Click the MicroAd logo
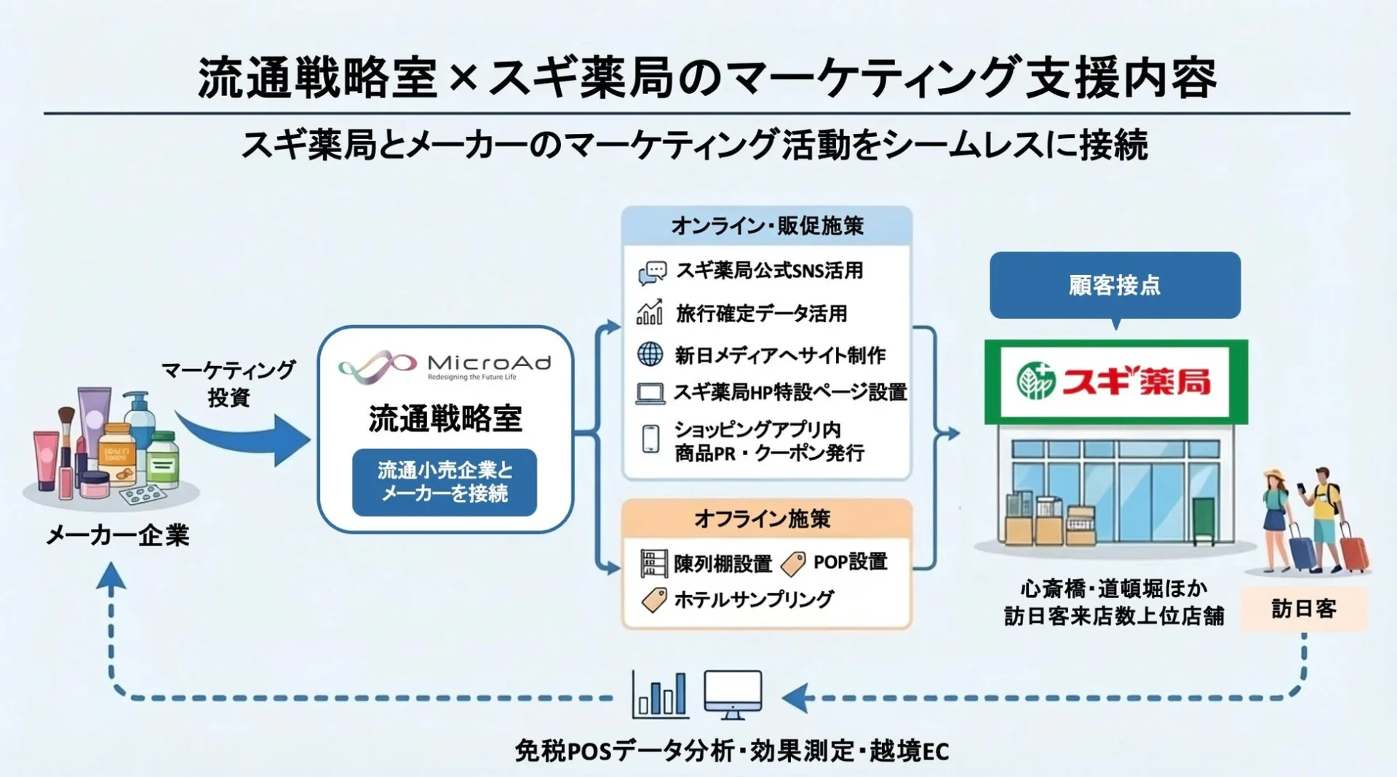pos(445,366)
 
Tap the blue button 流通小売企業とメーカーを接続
pos(445,482)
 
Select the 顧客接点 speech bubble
pos(1115,285)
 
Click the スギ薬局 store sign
pos(1115,381)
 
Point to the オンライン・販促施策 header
pos(767,226)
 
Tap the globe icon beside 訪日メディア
pos(650,354)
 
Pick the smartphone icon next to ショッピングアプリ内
pos(650,439)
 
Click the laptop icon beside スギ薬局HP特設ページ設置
pos(650,394)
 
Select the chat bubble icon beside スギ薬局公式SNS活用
pos(652,272)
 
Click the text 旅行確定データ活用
pos(761,314)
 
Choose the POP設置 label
pos(850,562)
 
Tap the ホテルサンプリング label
pos(754,599)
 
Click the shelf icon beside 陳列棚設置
pos(653,563)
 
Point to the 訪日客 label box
pos(1303,609)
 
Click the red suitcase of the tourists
pos(1354,551)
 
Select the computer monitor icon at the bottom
pos(733,693)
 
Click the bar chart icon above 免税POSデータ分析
pos(660,693)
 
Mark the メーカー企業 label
pos(118,535)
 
